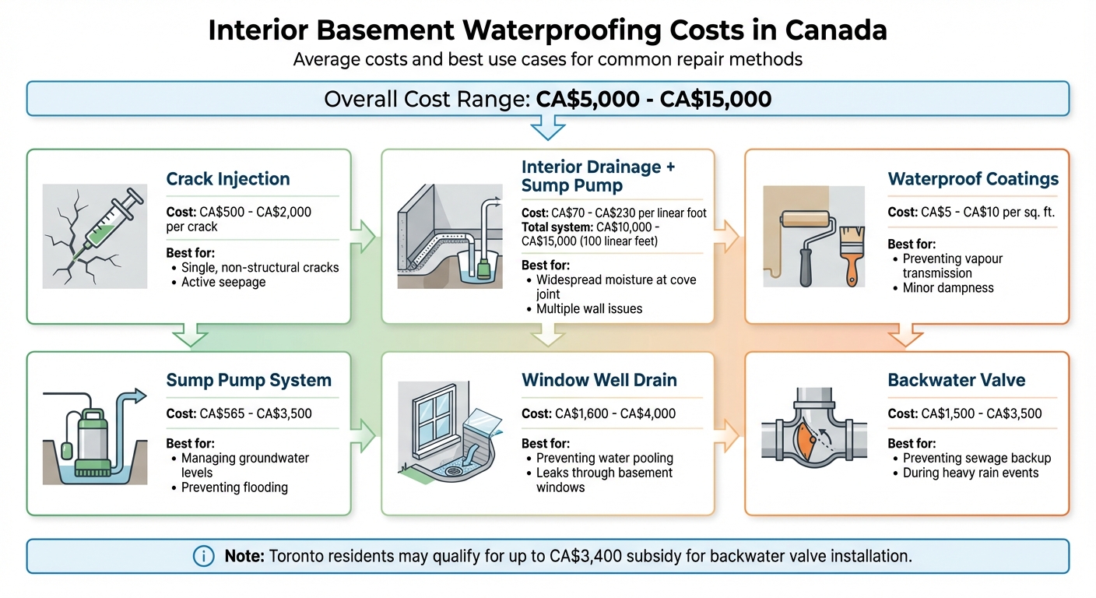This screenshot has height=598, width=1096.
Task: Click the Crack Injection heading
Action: point(227,179)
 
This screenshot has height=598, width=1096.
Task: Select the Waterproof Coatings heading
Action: point(973,179)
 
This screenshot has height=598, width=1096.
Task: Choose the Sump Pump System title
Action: point(248,381)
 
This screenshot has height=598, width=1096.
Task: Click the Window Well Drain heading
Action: point(599,381)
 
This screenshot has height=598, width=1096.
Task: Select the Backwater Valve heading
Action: point(956,381)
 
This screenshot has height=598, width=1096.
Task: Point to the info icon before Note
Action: point(202,556)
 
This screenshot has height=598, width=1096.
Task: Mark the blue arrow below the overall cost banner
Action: point(548,127)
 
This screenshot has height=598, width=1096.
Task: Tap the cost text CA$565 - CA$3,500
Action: point(239,413)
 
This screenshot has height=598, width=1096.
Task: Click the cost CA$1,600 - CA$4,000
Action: point(598,413)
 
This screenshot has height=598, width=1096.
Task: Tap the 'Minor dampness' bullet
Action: point(947,287)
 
